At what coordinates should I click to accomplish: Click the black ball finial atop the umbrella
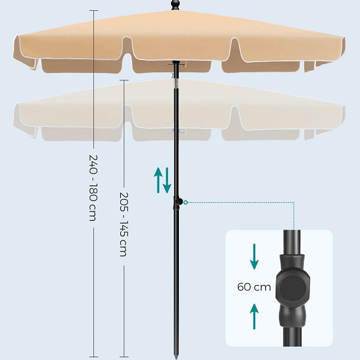tap(176, 5)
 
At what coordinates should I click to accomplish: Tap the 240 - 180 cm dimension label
tap(93, 188)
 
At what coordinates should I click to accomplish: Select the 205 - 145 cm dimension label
tap(124, 224)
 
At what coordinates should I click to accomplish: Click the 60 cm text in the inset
tap(254, 287)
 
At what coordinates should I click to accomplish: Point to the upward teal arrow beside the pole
tap(158, 180)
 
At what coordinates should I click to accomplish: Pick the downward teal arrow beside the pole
tap(167, 180)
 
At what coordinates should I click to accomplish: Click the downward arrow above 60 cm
tap(254, 257)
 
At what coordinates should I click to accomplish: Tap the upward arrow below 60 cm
tap(254, 317)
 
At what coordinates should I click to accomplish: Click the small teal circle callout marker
tap(186, 202)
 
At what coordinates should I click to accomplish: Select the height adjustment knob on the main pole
tap(178, 202)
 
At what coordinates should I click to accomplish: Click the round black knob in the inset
tap(292, 288)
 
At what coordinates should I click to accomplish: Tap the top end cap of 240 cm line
tap(94, 10)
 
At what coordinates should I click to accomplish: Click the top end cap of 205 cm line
tap(124, 80)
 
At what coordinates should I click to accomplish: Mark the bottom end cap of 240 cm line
tap(94, 357)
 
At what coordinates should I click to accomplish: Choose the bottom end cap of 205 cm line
tap(124, 357)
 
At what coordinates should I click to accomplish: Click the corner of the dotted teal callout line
tap(294, 202)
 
